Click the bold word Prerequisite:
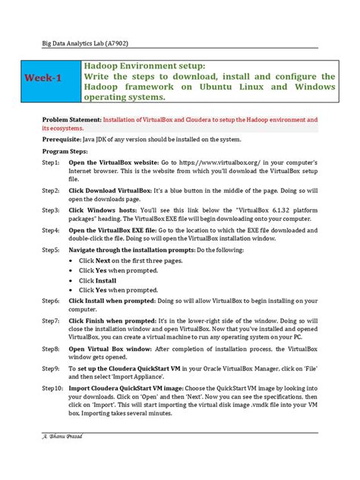tap(66, 139)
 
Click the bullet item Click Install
tap(97, 280)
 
